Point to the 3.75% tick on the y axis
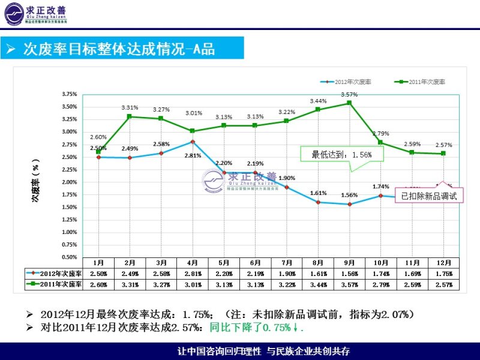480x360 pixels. (70, 94)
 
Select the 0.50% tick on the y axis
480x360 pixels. (70, 257)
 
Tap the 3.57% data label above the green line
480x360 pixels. (349, 95)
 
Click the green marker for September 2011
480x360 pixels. (349, 103)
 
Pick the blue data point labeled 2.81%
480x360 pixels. (193, 141)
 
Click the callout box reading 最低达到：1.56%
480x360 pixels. (341, 154)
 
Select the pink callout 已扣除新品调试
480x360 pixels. (429, 196)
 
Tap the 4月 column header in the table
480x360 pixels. (193, 263)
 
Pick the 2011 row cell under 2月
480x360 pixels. (130, 284)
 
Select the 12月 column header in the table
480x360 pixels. (443, 263)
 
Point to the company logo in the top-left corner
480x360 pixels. (36, 14)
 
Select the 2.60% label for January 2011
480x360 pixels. (98, 137)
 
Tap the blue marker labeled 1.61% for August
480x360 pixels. (318, 202)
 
